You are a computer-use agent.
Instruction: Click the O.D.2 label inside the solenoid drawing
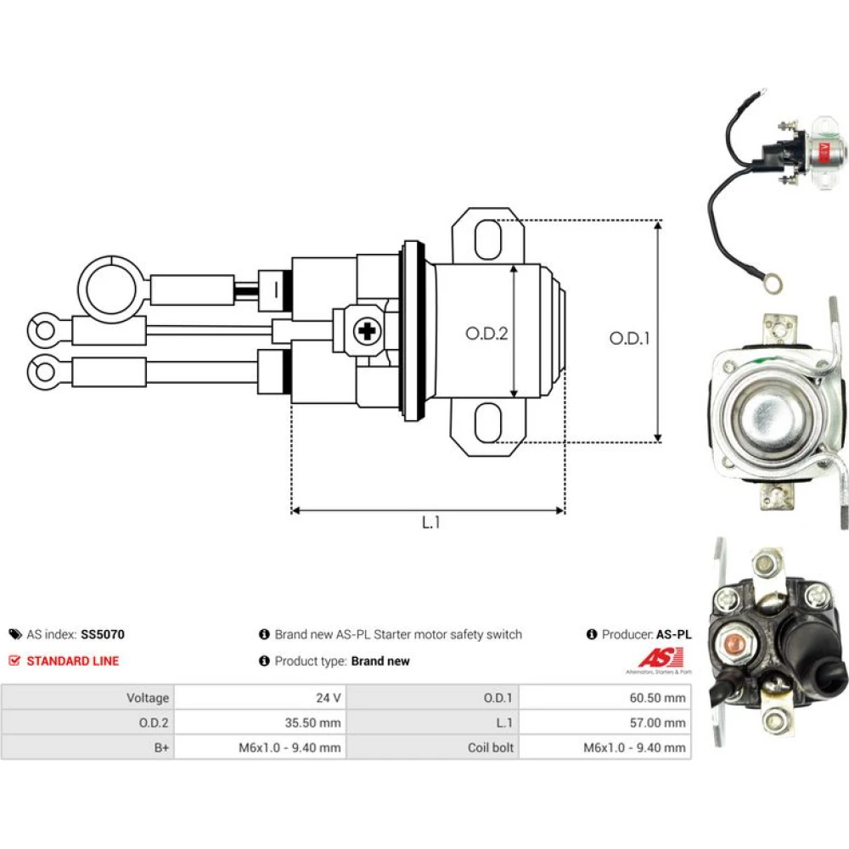(486, 334)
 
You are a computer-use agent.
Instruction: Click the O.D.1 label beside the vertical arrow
(629, 339)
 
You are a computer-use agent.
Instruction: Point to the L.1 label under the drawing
(431, 522)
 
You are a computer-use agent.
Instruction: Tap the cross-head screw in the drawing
(367, 331)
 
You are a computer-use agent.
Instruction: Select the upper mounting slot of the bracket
(488, 239)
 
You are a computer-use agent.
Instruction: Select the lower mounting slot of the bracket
(488, 423)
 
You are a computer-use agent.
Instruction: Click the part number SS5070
(103, 634)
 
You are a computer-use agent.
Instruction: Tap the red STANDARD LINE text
(72, 661)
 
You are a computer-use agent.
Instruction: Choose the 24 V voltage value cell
(260, 697)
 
